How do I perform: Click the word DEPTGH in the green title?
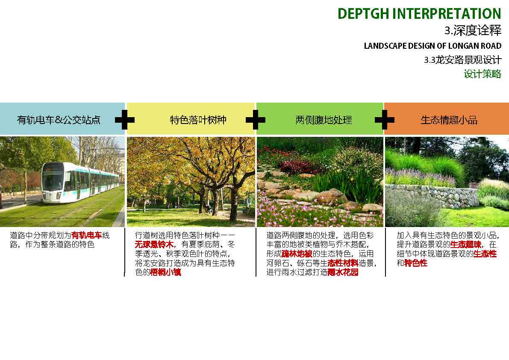363,14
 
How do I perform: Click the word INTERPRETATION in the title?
447,14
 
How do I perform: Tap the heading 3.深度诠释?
473,30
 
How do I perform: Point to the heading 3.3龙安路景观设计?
463,60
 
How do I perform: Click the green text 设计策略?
483,74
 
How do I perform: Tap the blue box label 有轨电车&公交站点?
59,120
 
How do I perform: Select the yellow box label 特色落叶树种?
198,120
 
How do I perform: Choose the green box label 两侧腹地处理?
324,120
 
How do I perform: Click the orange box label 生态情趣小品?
449,120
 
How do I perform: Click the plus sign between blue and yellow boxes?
125,120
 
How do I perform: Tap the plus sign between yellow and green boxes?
256,120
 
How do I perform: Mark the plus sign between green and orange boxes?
384,120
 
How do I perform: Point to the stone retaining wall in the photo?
432,196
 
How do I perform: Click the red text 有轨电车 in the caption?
87,235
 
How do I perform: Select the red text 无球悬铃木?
154,245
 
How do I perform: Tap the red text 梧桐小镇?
165,272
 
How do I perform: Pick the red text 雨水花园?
343,272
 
